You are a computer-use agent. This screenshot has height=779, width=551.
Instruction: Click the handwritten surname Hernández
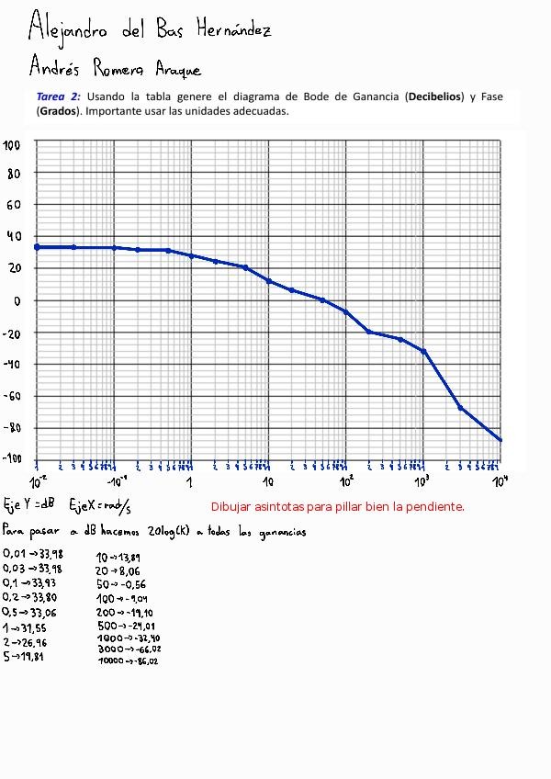(x=233, y=29)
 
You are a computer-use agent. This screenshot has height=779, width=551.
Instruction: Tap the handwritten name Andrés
(x=55, y=67)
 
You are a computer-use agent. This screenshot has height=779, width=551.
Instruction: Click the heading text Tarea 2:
(x=59, y=96)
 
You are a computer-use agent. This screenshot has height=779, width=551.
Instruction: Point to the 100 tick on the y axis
(x=12, y=145)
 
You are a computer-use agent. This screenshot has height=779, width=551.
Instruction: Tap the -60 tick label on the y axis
(x=12, y=396)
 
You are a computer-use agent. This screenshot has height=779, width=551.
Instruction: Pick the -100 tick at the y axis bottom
(x=10, y=460)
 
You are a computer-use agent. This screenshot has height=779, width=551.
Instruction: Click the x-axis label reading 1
(x=190, y=481)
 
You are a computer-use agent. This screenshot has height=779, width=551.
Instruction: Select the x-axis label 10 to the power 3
(x=422, y=480)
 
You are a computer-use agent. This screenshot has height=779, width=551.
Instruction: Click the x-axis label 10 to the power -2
(x=38, y=480)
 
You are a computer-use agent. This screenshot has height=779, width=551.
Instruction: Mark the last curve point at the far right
(x=500, y=440)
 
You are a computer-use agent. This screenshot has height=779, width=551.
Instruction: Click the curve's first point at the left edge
(x=37, y=246)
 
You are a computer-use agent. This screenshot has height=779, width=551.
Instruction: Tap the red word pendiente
(x=435, y=506)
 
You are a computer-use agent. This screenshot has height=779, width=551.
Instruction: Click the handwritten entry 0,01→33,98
(x=32, y=554)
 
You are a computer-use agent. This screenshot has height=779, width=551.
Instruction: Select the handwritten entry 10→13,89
(x=118, y=558)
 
